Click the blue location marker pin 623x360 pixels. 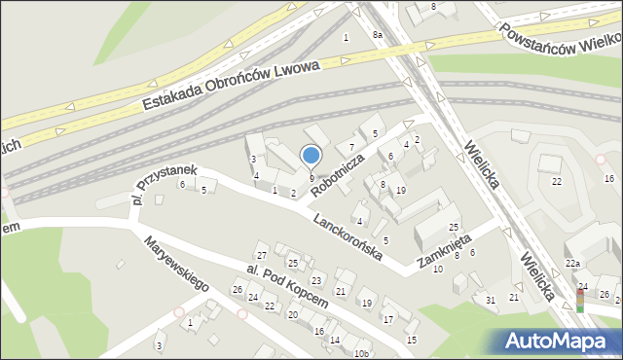click(311, 155)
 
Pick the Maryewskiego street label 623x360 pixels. click(176, 266)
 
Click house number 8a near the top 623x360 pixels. click(378, 35)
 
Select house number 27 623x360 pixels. click(261, 255)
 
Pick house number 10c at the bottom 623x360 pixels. click(360, 352)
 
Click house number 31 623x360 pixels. click(491, 299)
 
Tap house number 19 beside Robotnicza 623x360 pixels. click(401, 191)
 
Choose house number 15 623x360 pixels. click(411, 340)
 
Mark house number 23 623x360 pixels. click(315, 280)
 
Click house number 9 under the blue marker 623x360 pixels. click(311, 178)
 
